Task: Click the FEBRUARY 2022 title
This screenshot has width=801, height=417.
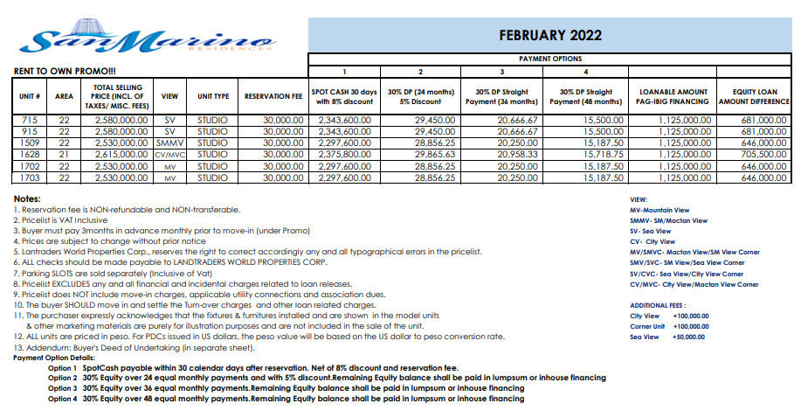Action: click(550, 36)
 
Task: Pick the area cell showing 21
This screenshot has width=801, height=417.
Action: click(64, 153)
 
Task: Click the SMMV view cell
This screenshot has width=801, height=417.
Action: click(169, 142)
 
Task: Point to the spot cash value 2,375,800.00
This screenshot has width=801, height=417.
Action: click(345, 153)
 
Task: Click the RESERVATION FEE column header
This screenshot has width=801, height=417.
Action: click(274, 96)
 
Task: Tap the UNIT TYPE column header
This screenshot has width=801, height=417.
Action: click(213, 96)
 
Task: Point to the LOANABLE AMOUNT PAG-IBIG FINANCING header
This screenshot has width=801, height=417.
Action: click(673, 96)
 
